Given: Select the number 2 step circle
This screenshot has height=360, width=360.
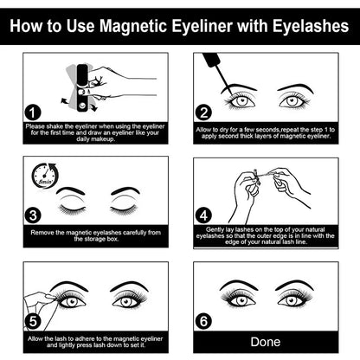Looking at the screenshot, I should [x=204, y=112].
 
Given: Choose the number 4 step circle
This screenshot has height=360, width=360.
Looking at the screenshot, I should [x=204, y=215].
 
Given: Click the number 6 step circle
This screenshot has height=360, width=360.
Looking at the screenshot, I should [x=204, y=320].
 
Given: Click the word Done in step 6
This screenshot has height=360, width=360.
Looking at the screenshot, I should [x=265, y=342].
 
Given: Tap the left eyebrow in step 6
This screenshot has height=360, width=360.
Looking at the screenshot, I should [x=240, y=284].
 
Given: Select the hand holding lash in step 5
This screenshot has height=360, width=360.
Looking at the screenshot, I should [x=39, y=297].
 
